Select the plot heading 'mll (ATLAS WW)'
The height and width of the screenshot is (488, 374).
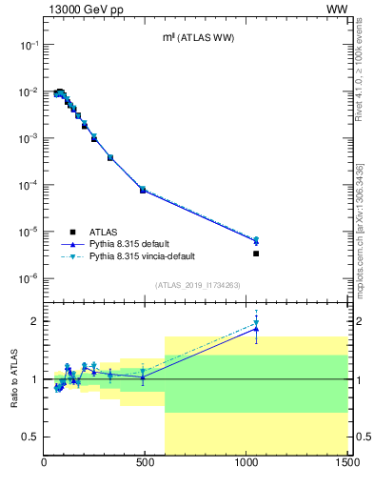coord(196,37)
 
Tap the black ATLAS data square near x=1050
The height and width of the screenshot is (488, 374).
coord(256,254)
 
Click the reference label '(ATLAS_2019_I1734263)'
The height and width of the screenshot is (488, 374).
coord(196,283)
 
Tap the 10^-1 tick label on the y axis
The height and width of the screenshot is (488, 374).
coord(29,45)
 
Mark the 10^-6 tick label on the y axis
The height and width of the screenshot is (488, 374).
coord(29,278)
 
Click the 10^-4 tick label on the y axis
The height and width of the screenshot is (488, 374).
coord(29,185)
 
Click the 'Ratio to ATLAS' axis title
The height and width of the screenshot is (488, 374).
coord(13,378)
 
